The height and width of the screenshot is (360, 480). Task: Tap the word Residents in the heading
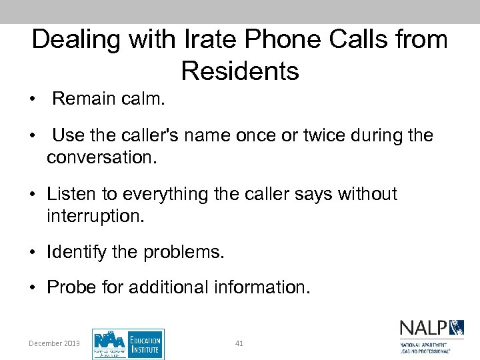pyautogui.click(x=240, y=71)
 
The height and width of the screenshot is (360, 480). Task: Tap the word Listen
pyautogui.click(x=70, y=195)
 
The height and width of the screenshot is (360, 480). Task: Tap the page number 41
pyautogui.click(x=239, y=343)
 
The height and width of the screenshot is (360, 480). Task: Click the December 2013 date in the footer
pyautogui.click(x=54, y=343)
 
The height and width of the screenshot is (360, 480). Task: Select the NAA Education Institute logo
pyautogui.click(x=128, y=344)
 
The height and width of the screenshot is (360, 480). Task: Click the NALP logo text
pyautogui.click(x=423, y=328)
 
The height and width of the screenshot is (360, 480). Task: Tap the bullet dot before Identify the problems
pyautogui.click(x=32, y=253)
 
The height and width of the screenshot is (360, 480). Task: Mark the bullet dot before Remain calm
pyautogui.click(x=32, y=99)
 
